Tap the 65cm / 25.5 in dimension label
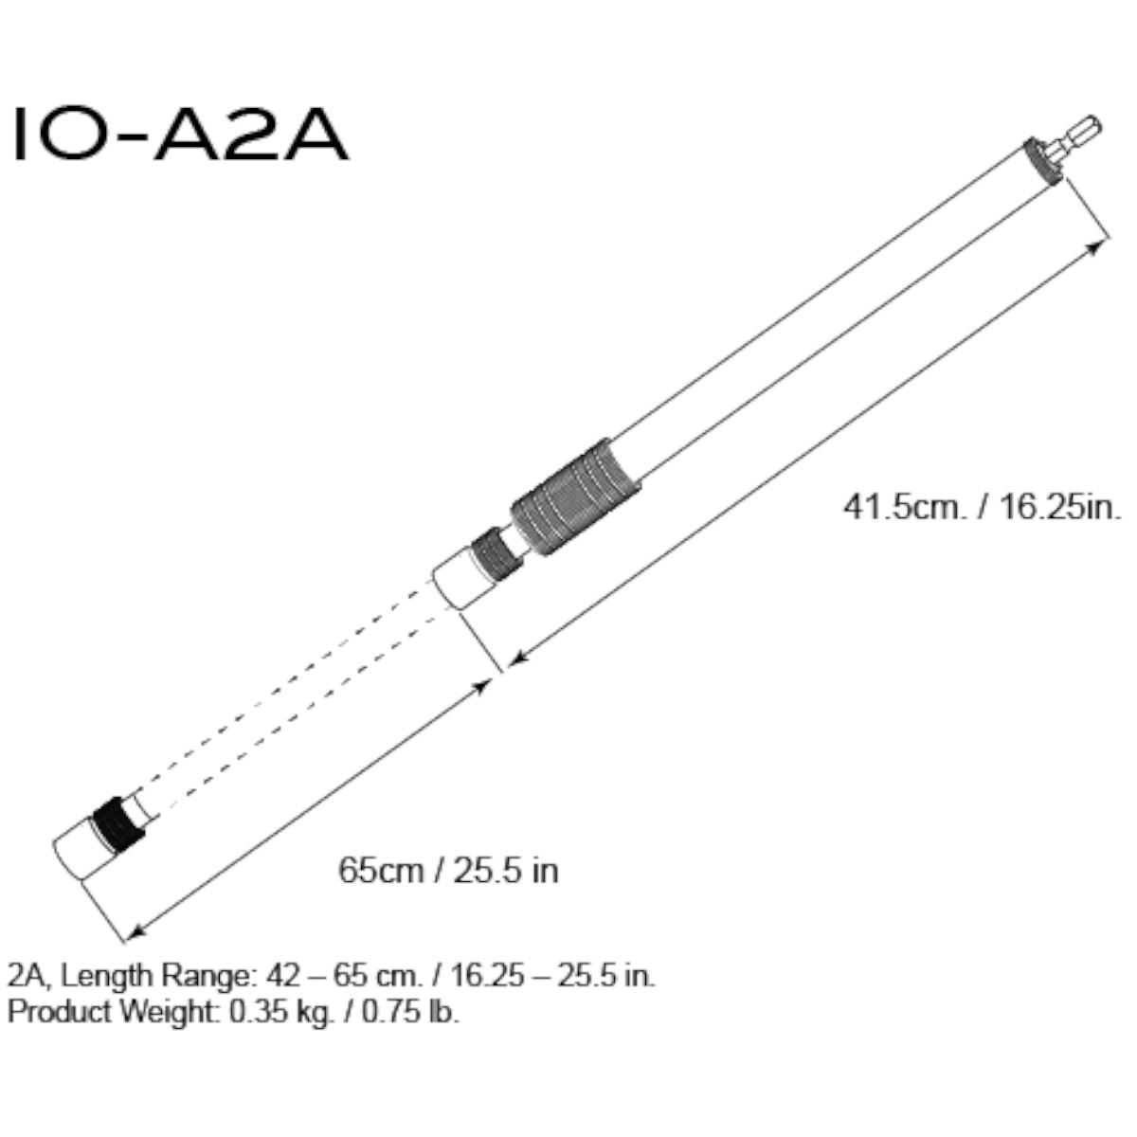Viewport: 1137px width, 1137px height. (448, 869)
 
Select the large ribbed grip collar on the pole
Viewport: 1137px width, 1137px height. (575, 499)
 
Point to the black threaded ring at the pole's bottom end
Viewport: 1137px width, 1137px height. (118, 823)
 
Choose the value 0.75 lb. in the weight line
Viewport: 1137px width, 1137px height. (408, 1011)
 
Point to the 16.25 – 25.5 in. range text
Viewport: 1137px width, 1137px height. (550, 975)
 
